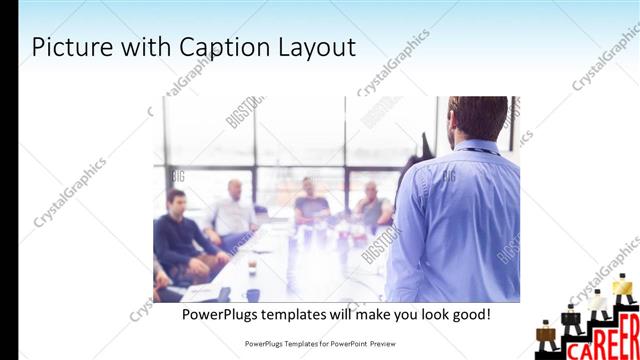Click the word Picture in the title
click(68, 48)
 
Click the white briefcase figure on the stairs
click(598, 302)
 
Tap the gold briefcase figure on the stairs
click(624, 286)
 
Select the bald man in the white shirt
click(236, 211)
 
